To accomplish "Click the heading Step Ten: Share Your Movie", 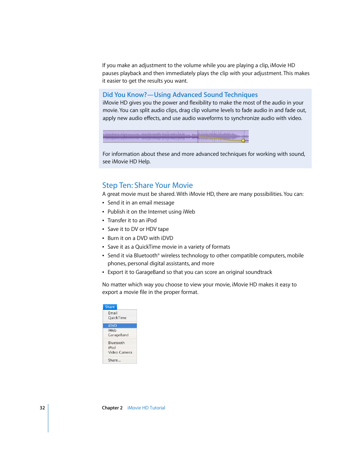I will point(147,185).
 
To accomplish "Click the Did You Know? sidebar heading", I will point(180,95).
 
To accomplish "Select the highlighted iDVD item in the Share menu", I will point(113,326).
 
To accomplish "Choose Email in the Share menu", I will point(113,313).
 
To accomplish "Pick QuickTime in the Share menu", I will point(117,318).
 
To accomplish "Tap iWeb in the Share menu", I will point(112,331).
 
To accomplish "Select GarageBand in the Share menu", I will point(118,335).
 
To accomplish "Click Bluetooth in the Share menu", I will point(116,343).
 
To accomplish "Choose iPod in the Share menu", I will point(112,348).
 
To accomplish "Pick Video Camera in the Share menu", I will point(120,352).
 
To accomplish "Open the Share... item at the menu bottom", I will point(114,360).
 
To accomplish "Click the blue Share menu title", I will point(110,307).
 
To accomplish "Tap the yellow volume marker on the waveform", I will point(243,141).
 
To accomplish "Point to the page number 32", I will point(42,408).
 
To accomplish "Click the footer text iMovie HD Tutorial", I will point(146,408).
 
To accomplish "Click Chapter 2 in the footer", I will point(112,408).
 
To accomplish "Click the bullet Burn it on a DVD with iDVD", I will point(140,238).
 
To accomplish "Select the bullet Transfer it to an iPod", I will point(132,220).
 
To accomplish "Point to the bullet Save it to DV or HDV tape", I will point(138,229).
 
